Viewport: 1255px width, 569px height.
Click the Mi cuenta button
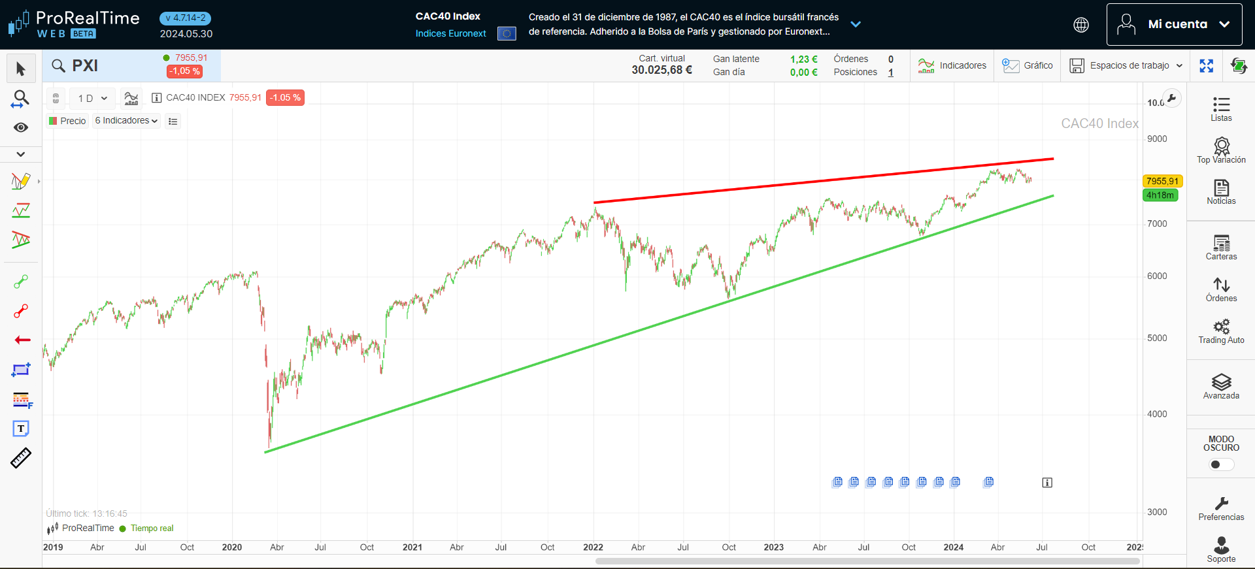(1174, 24)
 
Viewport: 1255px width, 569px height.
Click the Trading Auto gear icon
(1221, 327)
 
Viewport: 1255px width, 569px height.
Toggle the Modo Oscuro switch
(1221, 464)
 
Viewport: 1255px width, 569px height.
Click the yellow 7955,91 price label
(1162, 181)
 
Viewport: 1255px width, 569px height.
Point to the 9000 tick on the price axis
(1157, 138)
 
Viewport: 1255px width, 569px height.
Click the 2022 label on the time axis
(593, 547)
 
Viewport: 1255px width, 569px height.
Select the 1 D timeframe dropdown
(92, 98)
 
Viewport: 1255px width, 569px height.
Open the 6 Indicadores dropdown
(126, 121)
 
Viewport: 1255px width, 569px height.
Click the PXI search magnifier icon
(58, 65)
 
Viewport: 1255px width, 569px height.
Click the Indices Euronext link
(450, 33)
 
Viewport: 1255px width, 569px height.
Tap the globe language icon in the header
(1081, 25)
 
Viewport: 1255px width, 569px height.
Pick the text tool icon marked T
(21, 429)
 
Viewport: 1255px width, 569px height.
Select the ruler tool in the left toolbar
(21, 458)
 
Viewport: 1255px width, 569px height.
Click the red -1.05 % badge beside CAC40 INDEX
(285, 97)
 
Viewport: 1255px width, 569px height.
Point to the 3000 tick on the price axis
(1157, 512)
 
